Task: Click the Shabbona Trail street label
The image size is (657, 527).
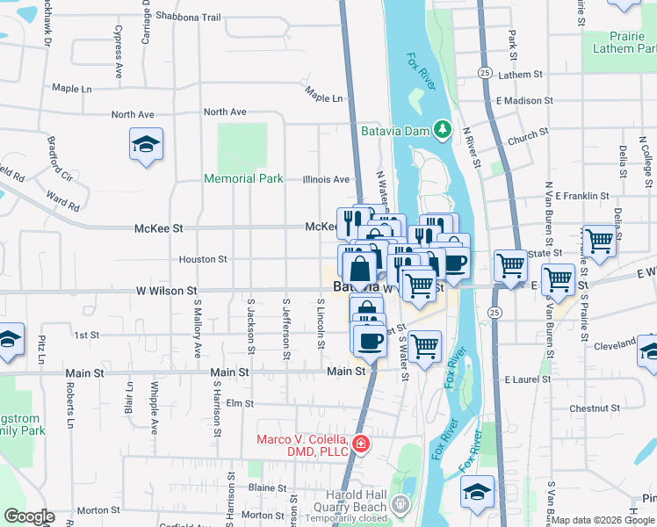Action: (188, 16)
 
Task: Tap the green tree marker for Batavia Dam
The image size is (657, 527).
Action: (444, 130)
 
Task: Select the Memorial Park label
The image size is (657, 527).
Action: (243, 178)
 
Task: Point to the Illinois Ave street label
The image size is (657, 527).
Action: (326, 179)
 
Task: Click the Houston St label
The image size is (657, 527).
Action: (203, 259)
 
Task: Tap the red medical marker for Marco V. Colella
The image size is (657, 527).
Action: (360, 446)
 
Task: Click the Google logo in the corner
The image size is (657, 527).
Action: (29, 516)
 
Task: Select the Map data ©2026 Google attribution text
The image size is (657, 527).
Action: (603, 520)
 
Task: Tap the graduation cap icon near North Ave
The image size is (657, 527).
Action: (146, 144)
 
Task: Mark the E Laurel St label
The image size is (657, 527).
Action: (528, 379)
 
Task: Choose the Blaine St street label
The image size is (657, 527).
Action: (268, 487)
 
